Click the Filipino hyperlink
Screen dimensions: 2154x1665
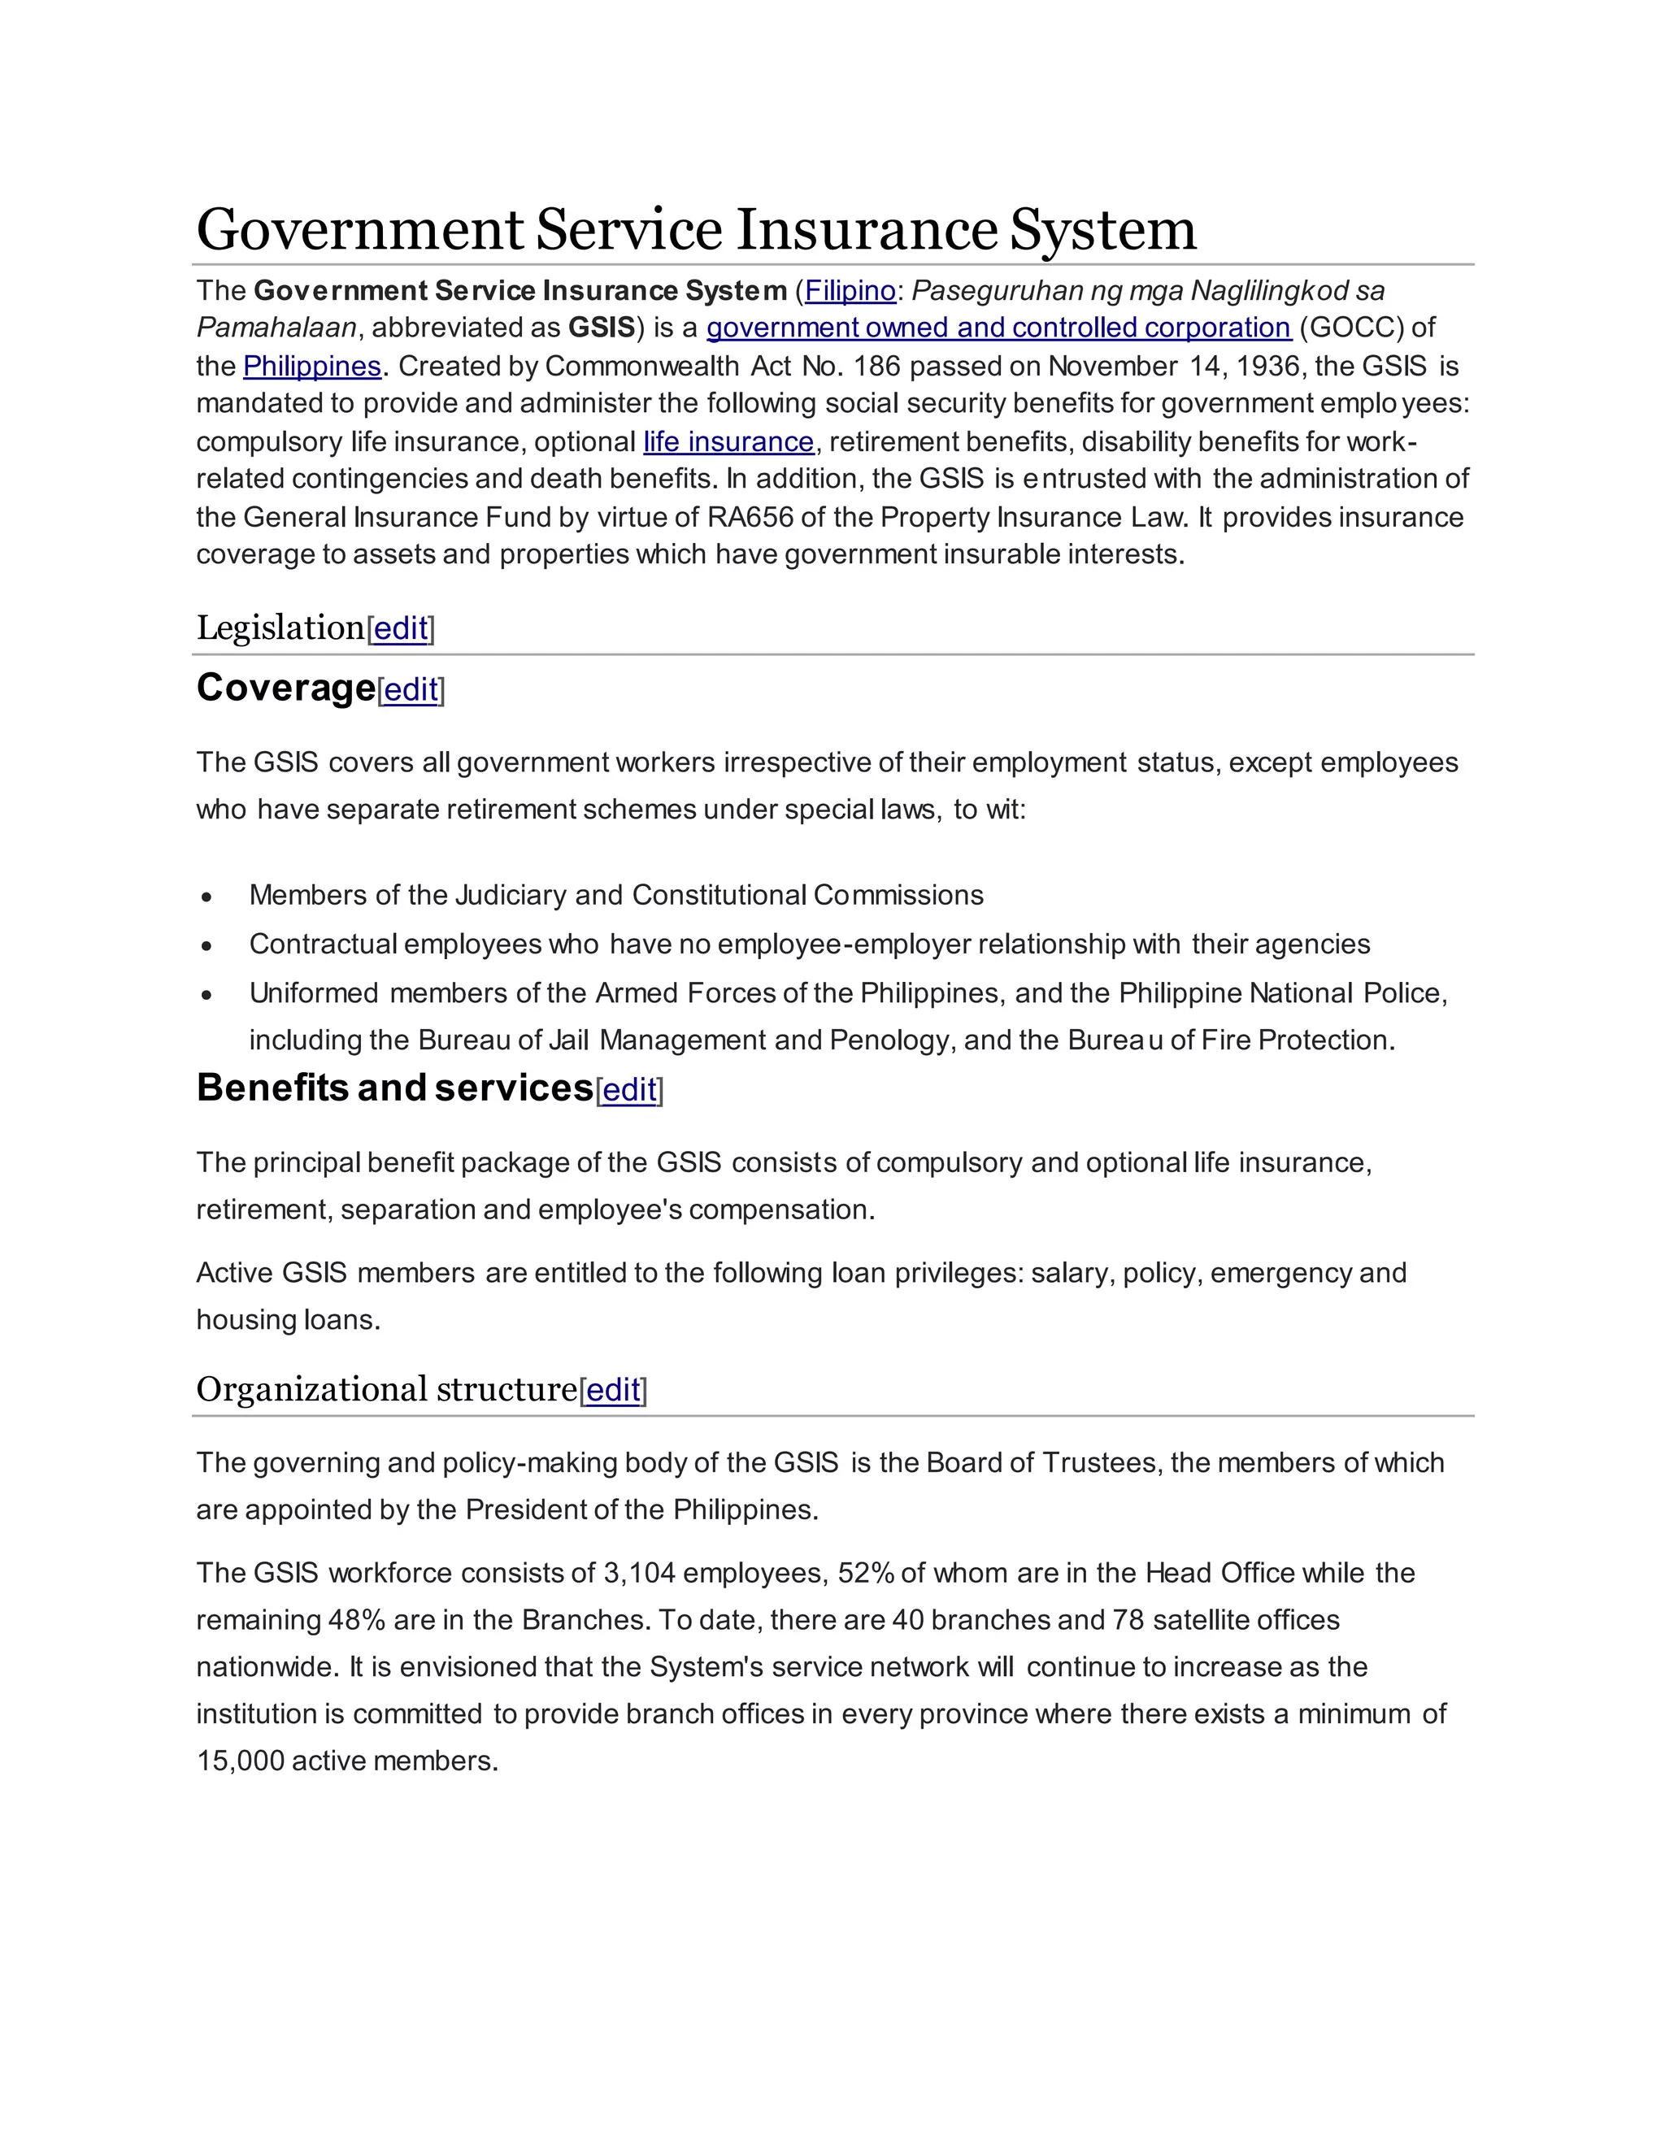coord(850,291)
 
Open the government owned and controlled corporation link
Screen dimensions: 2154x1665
coord(998,328)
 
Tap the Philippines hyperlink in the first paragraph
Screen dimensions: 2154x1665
coord(311,366)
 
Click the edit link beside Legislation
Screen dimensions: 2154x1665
coord(401,628)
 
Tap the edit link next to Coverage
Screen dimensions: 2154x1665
coord(411,690)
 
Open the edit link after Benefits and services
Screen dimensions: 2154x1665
coord(629,1090)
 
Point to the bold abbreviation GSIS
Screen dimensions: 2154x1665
coord(602,328)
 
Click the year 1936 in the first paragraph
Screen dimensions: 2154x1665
coord(1267,366)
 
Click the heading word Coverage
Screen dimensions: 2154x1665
coord(286,688)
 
